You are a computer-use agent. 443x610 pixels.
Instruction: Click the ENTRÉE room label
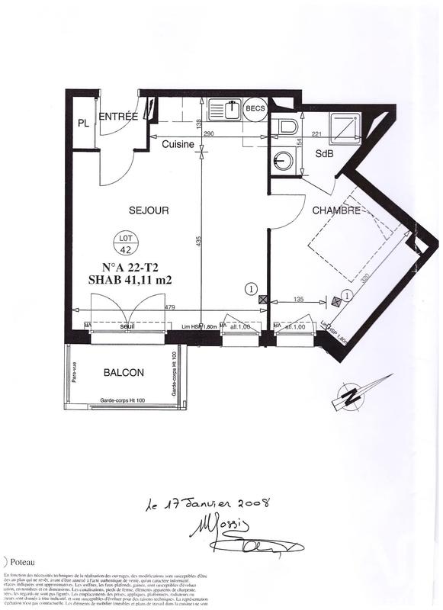(118, 117)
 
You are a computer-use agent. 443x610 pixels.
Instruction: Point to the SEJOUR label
(149, 210)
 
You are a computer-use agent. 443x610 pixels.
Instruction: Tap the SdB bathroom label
(324, 152)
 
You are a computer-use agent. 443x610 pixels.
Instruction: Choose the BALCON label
(124, 373)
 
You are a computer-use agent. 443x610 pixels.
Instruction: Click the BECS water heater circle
(255, 109)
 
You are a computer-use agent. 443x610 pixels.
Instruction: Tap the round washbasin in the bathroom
(283, 160)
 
